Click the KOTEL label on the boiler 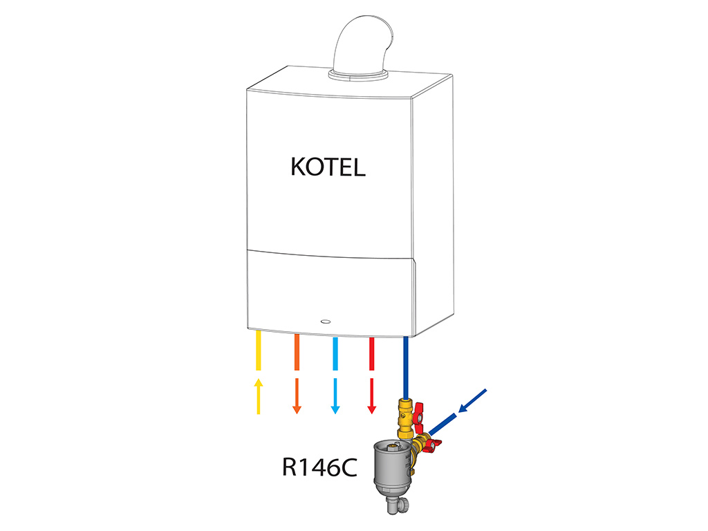pyautogui.click(x=328, y=167)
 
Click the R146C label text pyautogui.click(x=319, y=467)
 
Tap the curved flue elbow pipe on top pyautogui.click(x=361, y=45)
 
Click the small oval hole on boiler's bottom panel pyautogui.click(x=325, y=322)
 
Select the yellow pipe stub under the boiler pyautogui.click(x=259, y=351)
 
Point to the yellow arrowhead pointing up pyautogui.click(x=259, y=382)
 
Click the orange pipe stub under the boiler pyautogui.click(x=297, y=352)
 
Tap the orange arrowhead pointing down pyautogui.click(x=297, y=409)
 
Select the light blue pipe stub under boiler pyautogui.click(x=335, y=354)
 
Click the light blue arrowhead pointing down pyautogui.click(x=335, y=409)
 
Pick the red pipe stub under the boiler pyautogui.click(x=371, y=354)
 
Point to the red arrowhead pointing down pyautogui.click(x=371, y=409)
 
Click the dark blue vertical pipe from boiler pyautogui.click(x=405, y=368)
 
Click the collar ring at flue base pyautogui.click(x=358, y=75)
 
